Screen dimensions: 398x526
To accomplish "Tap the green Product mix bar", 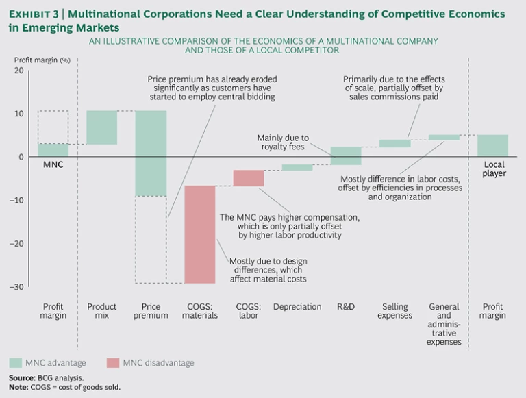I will [101, 127].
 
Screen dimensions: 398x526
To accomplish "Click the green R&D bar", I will [346, 156].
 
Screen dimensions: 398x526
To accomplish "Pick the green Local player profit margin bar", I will [493, 145].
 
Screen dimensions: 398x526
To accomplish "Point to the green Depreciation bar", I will [297, 167].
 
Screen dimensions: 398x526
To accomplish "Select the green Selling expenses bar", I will [394, 143].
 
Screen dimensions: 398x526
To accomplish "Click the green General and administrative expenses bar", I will [444, 137].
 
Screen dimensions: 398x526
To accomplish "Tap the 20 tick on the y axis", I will [18, 71].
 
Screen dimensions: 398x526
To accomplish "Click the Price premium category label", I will [151, 311].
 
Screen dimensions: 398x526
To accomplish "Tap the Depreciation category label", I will [297, 307].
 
